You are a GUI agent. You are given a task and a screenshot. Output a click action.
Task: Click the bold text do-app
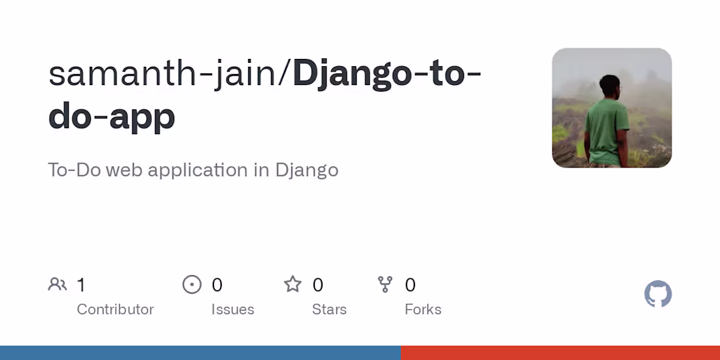pyautogui.click(x=112, y=116)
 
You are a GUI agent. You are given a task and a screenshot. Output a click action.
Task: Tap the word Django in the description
pyautogui.click(x=306, y=170)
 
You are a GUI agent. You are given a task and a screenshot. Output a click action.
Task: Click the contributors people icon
pyautogui.click(x=58, y=285)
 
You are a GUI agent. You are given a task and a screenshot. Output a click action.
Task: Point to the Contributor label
pyautogui.click(x=115, y=309)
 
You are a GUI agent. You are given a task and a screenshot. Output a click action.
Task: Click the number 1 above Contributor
pyautogui.click(x=81, y=285)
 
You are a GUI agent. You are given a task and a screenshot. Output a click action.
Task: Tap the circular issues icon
pyautogui.click(x=192, y=285)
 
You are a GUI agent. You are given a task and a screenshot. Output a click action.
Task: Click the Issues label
pyautogui.click(x=232, y=309)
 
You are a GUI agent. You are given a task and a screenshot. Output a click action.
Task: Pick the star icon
pyautogui.click(x=293, y=284)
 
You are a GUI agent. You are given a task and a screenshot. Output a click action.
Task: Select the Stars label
pyautogui.click(x=329, y=309)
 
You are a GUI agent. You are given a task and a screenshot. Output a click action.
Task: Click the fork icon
pyautogui.click(x=386, y=284)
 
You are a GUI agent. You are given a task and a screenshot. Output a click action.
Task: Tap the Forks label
pyautogui.click(x=423, y=309)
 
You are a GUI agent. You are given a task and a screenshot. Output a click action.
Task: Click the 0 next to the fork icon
pyautogui.click(x=410, y=285)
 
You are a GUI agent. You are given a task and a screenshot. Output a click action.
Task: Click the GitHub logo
pyautogui.click(x=658, y=295)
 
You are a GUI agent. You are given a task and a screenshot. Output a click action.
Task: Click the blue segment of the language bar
pyautogui.click(x=200, y=353)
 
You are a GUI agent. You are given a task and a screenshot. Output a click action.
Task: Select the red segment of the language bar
pyautogui.click(x=560, y=353)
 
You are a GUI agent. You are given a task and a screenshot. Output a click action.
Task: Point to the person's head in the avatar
pyautogui.click(x=610, y=85)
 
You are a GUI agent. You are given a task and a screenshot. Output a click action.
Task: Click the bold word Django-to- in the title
pyautogui.click(x=387, y=74)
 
